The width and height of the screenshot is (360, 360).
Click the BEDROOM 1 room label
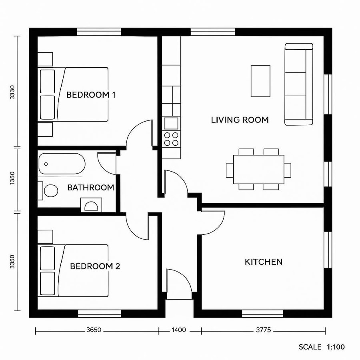click(x=91, y=95)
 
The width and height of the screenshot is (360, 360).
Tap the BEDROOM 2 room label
click(x=95, y=266)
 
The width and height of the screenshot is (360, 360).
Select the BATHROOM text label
click(x=90, y=188)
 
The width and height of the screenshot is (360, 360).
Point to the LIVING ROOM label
click(x=240, y=120)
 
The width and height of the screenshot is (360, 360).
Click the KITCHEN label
click(x=263, y=262)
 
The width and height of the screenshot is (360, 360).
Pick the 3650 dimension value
click(x=94, y=330)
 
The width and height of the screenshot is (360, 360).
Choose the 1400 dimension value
click(x=179, y=330)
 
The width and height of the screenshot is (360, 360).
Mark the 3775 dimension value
click(x=263, y=330)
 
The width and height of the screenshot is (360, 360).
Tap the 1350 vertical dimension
click(x=13, y=177)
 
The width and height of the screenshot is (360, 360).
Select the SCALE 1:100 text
click(x=322, y=347)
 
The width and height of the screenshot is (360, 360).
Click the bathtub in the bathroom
click(x=62, y=164)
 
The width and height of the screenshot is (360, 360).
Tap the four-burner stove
click(x=171, y=138)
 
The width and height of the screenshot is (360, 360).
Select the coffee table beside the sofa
click(x=260, y=81)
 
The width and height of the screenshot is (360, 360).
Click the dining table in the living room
click(x=259, y=170)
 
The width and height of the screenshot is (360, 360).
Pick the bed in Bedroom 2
click(x=74, y=270)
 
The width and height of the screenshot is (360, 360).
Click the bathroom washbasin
click(x=92, y=206)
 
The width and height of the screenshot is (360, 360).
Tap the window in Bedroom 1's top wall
click(x=99, y=32)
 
